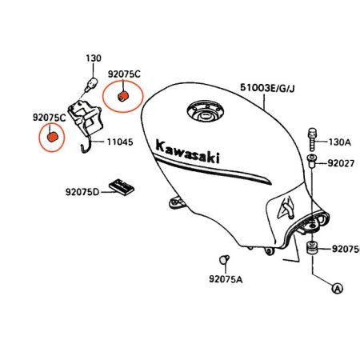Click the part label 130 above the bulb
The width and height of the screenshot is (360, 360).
94,58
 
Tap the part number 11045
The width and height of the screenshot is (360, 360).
120,142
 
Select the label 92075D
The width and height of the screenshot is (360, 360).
82,192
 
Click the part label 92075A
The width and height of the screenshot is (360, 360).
226,279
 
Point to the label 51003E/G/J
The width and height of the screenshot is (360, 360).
267,88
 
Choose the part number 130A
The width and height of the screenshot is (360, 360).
340,142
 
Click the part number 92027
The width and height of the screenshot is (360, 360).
341,163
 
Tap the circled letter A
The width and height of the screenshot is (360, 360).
338,288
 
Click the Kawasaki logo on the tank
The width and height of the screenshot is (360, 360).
188,152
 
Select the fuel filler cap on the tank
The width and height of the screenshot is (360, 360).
206,113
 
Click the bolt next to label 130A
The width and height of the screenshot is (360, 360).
312,139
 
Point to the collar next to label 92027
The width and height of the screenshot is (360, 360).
312,161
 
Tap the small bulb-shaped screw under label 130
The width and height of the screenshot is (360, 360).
91,84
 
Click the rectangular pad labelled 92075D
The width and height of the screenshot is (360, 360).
122,187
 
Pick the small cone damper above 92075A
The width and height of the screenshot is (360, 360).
224,259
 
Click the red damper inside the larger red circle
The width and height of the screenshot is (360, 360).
122,96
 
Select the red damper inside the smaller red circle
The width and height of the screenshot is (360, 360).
52,137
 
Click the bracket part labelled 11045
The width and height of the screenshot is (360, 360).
86,120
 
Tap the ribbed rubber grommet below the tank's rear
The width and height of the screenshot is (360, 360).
311,248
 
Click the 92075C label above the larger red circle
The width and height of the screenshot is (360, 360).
124,74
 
